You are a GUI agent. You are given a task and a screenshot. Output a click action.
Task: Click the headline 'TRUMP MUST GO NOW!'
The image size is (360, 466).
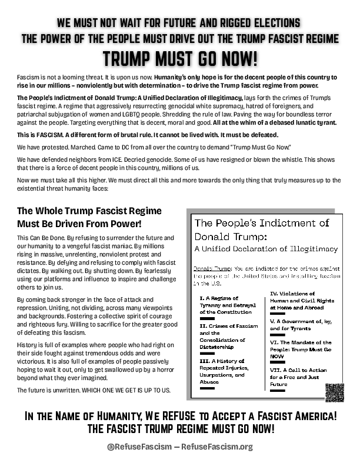click(180, 59)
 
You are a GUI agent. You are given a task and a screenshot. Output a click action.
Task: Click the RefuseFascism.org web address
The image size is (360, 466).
click(219, 447)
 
